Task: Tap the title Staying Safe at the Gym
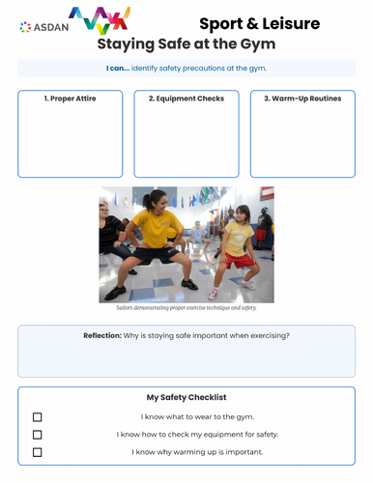coord(186,43)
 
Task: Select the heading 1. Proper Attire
coord(70,99)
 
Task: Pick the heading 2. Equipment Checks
coord(186,99)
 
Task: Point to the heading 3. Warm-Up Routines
coord(302,99)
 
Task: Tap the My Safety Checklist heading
coord(186,397)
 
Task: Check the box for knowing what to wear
coord(38,417)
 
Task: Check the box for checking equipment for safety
coord(38,435)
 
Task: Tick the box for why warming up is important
coord(38,452)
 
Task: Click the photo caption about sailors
coord(186,307)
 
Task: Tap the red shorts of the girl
coord(241,260)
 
